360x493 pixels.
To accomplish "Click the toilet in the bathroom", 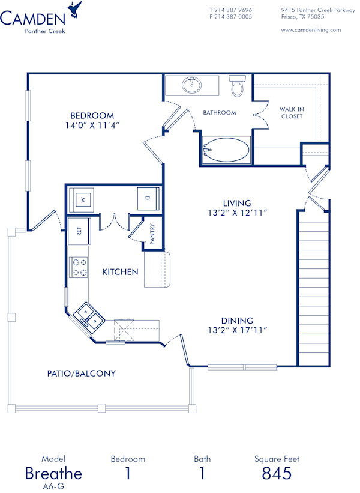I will (238, 87).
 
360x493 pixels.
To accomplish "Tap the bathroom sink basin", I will (193, 85).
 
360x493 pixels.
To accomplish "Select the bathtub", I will (226, 150).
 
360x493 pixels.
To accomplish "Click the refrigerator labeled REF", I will (78, 231).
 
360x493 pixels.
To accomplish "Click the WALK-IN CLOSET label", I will (292, 113).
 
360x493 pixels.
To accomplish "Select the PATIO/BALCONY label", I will (81, 373).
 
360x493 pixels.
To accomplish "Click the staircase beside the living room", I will (314, 288).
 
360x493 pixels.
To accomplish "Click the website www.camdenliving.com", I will (311, 29).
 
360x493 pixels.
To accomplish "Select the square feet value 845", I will (277, 473).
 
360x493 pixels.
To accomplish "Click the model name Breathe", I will (53, 473).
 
